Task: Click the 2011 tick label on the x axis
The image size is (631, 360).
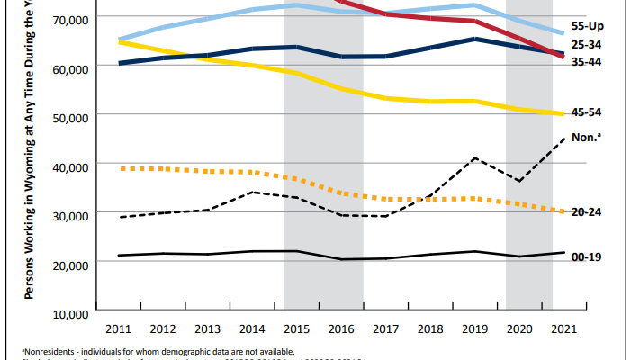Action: [119, 330]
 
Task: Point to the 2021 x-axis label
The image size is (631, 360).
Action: [563, 330]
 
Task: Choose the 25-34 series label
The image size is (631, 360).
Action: [586, 46]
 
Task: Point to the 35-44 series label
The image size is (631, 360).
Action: [586, 62]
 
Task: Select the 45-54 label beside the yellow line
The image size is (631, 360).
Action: [586, 112]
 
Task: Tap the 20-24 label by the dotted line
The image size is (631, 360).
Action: [586, 212]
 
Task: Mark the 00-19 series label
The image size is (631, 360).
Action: [586, 256]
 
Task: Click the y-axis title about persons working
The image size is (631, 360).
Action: [31, 162]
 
